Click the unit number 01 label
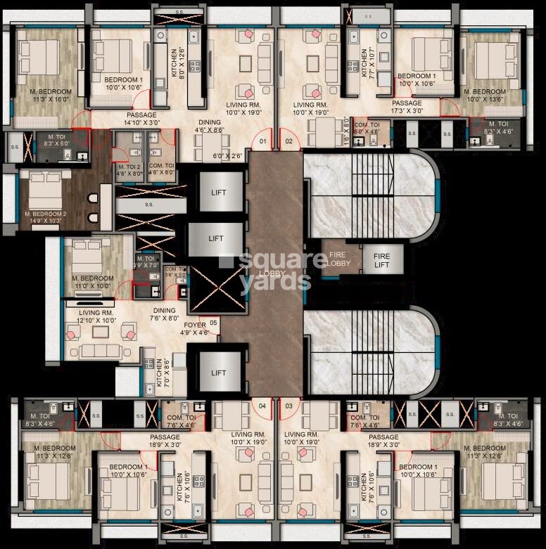pos(262,141)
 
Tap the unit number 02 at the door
pos(288,141)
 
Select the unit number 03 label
pos(288,406)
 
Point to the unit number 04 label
pos(262,406)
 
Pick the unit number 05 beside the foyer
pos(213,323)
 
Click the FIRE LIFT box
pos(381,260)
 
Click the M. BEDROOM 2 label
pos(45,217)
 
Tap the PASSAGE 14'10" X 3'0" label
pos(141,119)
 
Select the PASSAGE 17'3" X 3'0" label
pos(407,107)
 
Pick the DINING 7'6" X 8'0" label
pos(164,314)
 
